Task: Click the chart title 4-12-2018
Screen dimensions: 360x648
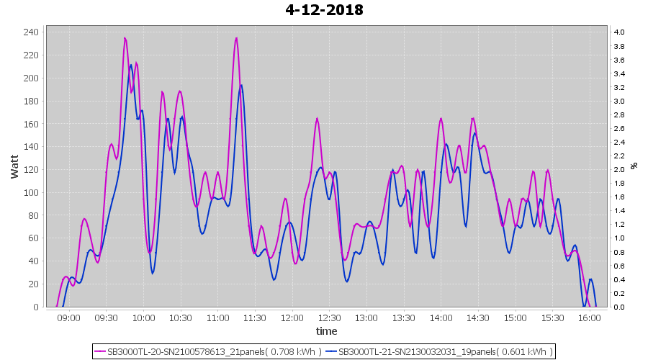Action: [324, 10]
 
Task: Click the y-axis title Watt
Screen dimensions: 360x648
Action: [15, 166]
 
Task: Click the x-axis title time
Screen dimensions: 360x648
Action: [326, 331]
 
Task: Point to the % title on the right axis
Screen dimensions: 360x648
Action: [634, 166]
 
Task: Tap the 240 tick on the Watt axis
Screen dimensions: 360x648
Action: [31, 32]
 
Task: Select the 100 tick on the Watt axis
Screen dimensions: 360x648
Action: [31, 192]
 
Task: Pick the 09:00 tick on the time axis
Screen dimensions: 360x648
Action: [69, 318]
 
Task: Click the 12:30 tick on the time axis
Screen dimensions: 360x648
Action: [329, 318]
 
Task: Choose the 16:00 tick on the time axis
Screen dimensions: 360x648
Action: [589, 318]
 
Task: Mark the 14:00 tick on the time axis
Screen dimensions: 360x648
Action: [441, 318]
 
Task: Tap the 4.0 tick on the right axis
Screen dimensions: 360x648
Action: [618, 32]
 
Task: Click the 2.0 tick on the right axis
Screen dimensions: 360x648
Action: [618, 169]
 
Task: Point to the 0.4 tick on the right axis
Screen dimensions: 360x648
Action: [618, 279]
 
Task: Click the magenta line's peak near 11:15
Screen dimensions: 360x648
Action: [236, 38]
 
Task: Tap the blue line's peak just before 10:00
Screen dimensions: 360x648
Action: [131, 65]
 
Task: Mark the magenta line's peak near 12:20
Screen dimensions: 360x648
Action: [317, 118]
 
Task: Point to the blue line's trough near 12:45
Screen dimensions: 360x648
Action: [347, 282]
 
